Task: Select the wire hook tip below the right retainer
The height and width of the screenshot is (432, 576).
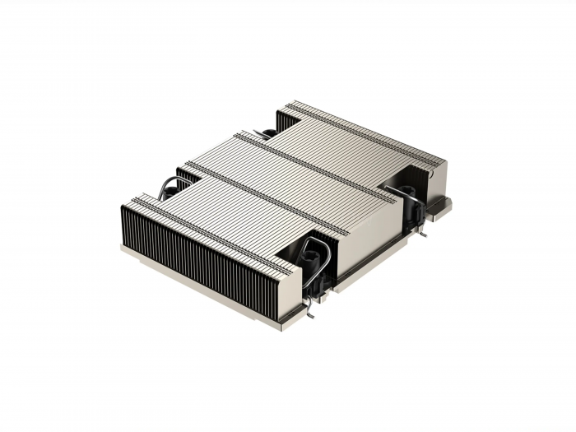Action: (x=423, y=233)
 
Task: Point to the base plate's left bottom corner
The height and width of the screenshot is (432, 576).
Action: (x=124, y=248)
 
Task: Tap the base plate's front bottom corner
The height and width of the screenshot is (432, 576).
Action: (x=284, y=326)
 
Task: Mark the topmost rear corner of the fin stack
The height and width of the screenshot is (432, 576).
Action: (x=289, y=103)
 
